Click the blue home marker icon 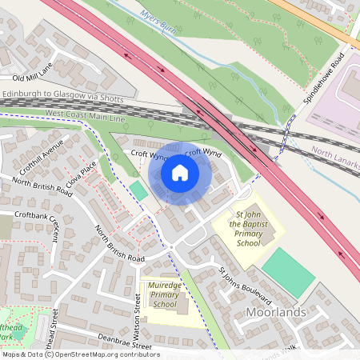click(x=180, y=172)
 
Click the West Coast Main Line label click(x=86, y=117)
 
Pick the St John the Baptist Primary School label click(x=249, y=228)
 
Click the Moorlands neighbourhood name click(x=277, y=310)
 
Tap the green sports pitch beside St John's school click(x=288, y=273)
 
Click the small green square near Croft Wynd click(x=139, y=190)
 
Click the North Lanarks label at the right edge click(x=334, y=153)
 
